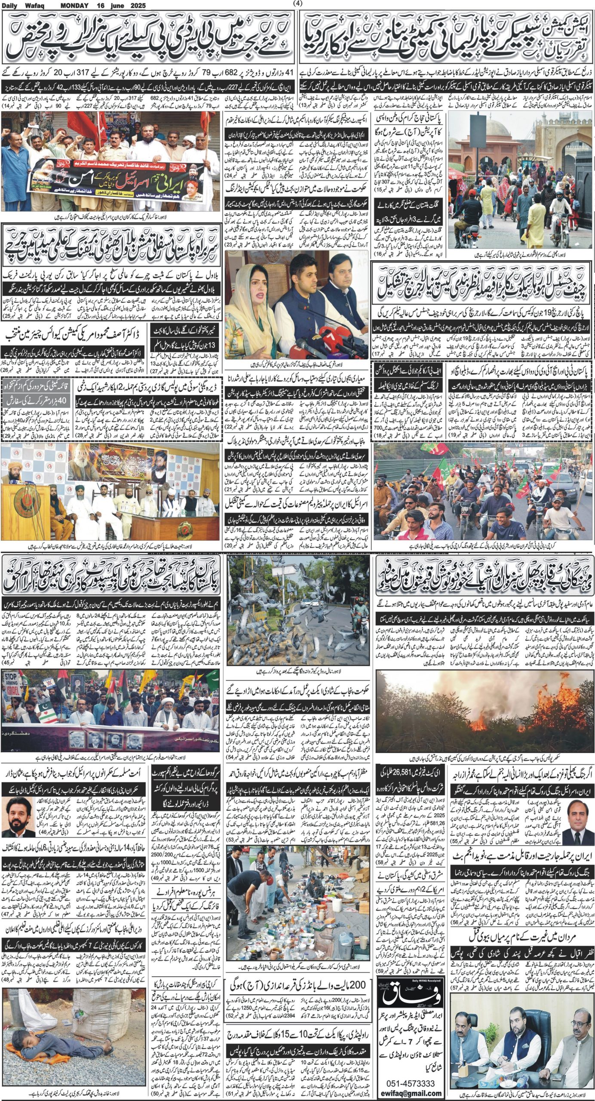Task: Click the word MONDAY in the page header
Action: pyautogui.click(x=74, y=6)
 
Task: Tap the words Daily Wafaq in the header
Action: pyautogui.click(x=20, y=6)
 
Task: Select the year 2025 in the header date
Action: pyautogui.click(x=136, y=6)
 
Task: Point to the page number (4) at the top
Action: pyautogui.click(x=297, y=3)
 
